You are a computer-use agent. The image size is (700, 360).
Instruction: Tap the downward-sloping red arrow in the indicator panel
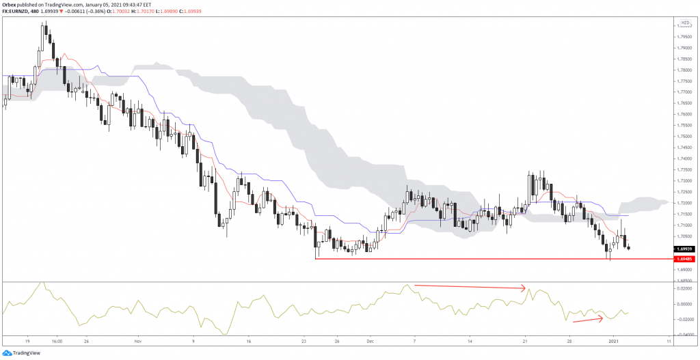[x=470, y=287]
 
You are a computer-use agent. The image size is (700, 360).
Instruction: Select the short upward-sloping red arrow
[x=587, y=318]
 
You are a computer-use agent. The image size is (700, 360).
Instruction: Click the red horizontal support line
[x=479, y=259]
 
